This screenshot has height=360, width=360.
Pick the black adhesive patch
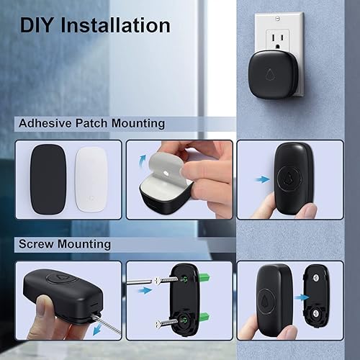pos(47,177)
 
